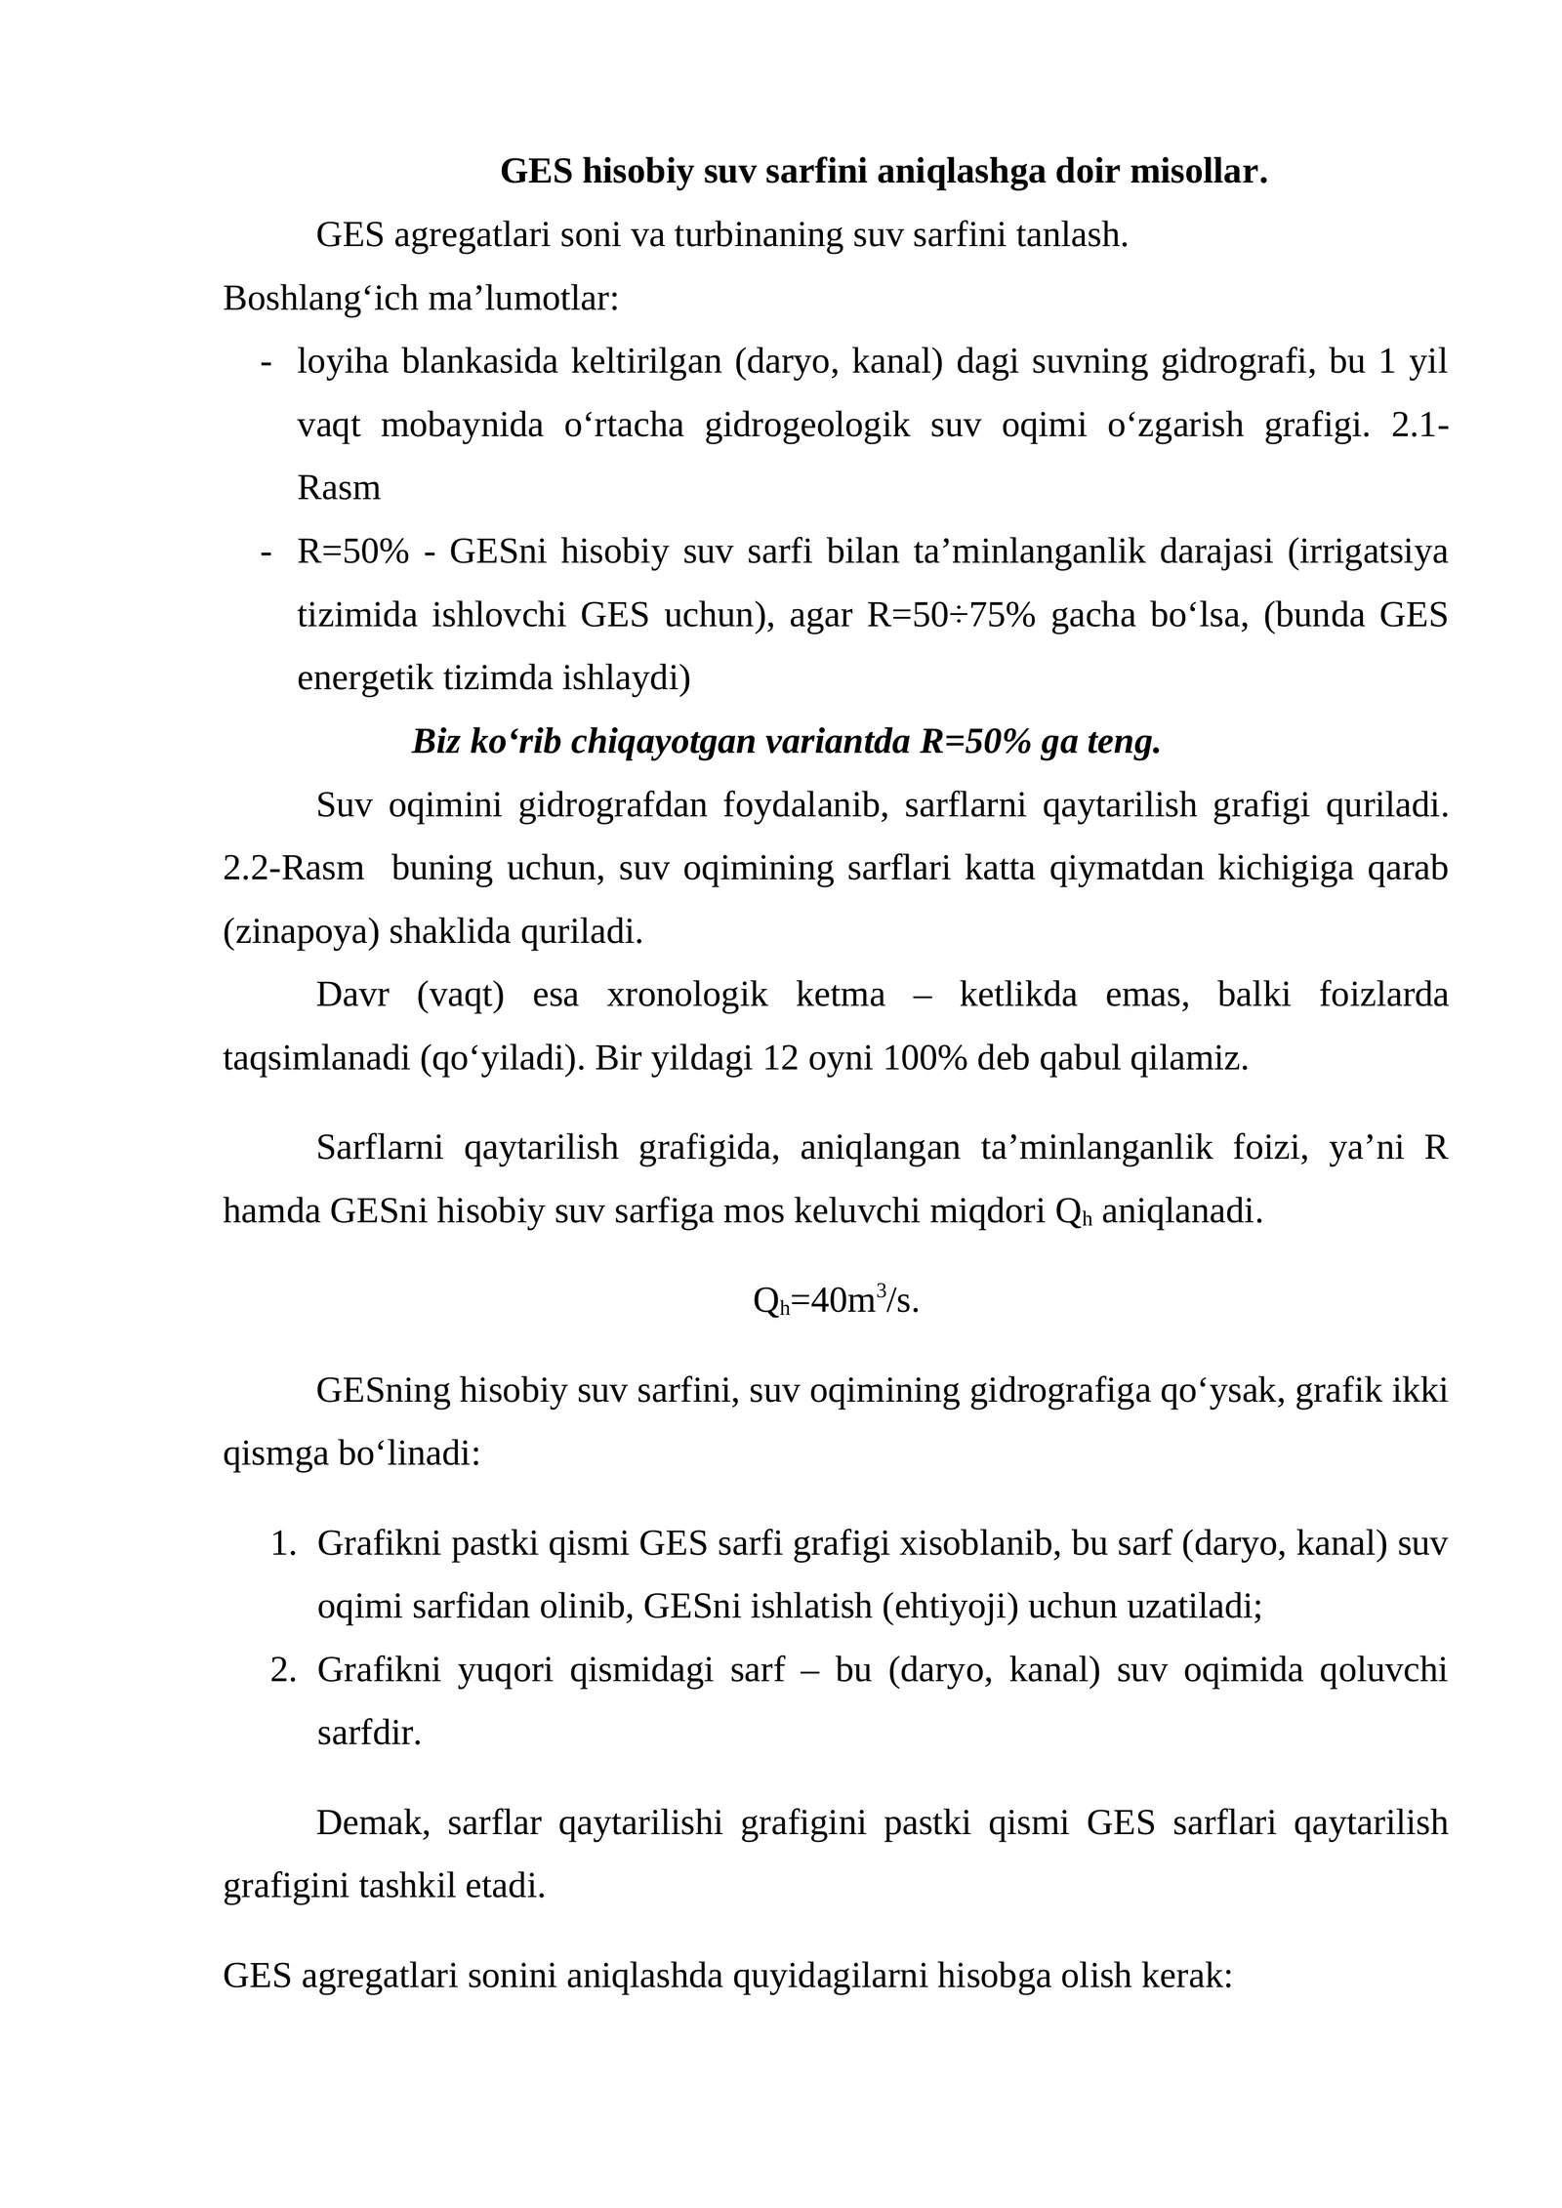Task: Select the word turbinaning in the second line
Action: [x=758, y=235]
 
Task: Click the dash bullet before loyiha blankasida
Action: [x=265, y=362]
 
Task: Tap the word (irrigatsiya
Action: [x=1367, y=552]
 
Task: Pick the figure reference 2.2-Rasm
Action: [x=293, y=868]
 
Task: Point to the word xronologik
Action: [x=687, y=996]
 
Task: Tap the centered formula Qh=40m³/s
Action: [x=836, y=1301]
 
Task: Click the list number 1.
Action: [x=282, y=1544]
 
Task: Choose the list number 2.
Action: [x=282, y=1670]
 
